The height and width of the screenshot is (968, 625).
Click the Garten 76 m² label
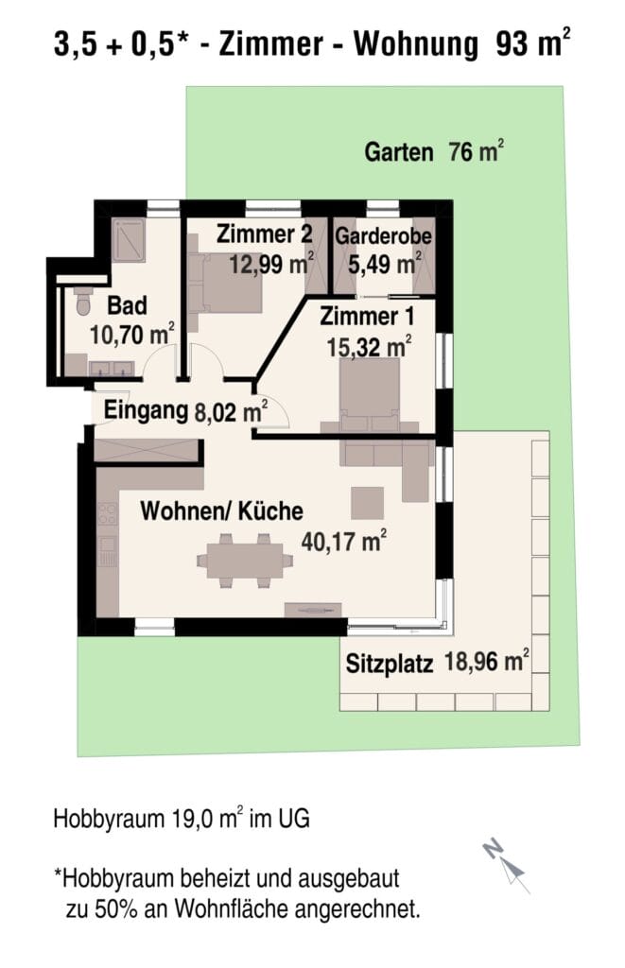(434, 151)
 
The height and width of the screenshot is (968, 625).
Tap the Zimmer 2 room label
(264, 234)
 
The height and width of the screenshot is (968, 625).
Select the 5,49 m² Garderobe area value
(384, 264)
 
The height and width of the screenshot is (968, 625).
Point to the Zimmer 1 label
(367, 316)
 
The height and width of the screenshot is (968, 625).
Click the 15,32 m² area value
(369, 346)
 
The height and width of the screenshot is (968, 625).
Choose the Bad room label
(128, 305)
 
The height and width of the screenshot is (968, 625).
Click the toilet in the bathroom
(83, 302)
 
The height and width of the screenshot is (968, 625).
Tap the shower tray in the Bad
(129, 240)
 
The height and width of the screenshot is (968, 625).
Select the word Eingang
(146, 410)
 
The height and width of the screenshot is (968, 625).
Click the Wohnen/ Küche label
(221, 511)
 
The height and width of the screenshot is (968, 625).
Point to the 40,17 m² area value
(344, 541)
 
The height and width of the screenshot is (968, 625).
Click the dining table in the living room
(245, 561)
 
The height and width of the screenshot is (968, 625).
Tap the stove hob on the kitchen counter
(108, 514)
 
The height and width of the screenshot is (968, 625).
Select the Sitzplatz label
(389, 664)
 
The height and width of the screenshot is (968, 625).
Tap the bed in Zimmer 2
(225, 283)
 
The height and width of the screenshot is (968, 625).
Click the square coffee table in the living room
(368, 503)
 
